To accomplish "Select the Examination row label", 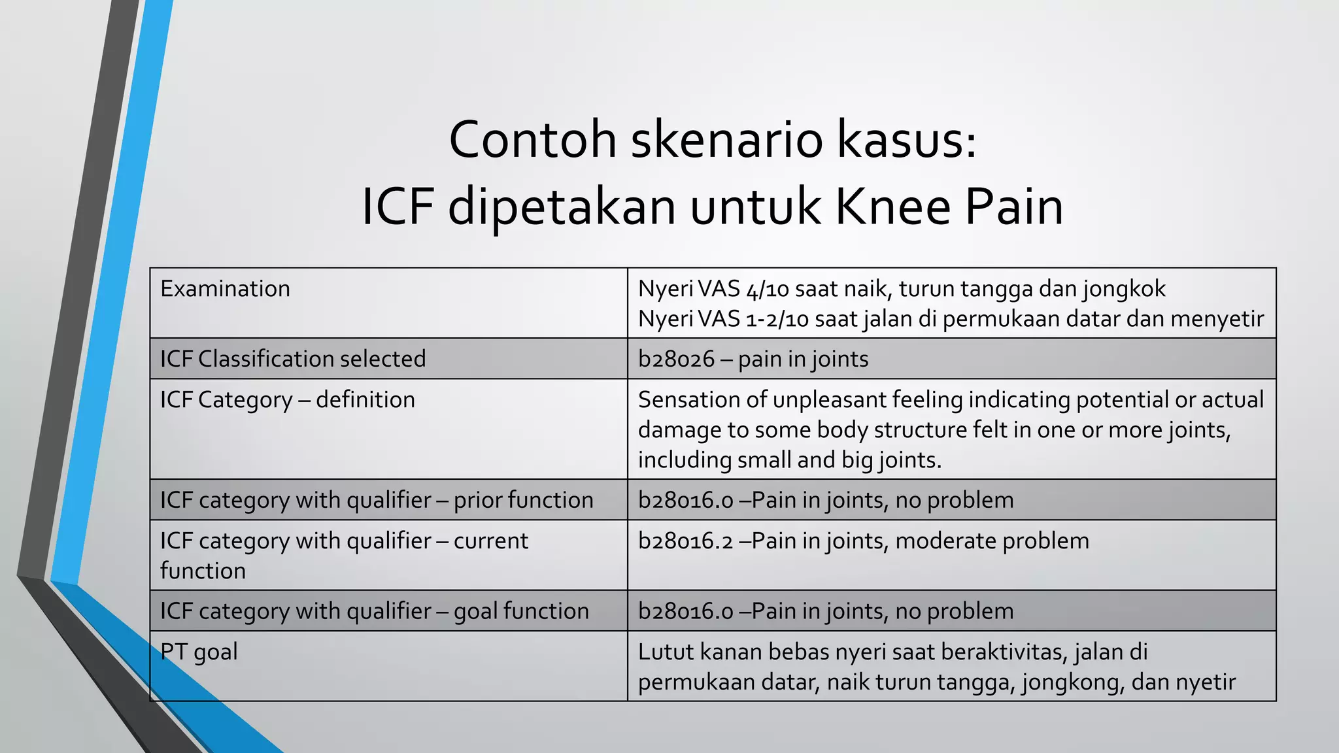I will [x=225, y=289].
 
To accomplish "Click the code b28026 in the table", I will [x=676, y=359].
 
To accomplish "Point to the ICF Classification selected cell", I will [x=293, y=359].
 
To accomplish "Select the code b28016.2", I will [x=685, y=541].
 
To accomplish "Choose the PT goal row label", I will [x=199, y=652].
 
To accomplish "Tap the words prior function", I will [x=523, y=500].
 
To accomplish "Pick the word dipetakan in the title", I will [x=562, y=207].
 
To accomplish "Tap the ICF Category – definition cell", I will [x=288, y=399].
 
